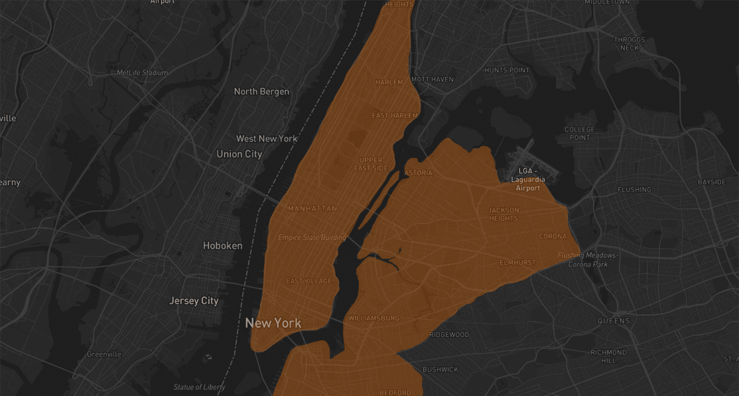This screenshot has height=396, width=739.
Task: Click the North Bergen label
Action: click(261, 92)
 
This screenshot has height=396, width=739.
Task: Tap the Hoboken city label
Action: click(222, 245)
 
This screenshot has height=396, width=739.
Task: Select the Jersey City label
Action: click(194, 300)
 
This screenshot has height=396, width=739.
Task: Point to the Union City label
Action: click(239, 154)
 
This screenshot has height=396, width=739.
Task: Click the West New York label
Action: click(267, 139)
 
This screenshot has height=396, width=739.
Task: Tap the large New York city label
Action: click(273, 324)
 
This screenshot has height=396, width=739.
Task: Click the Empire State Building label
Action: click(312, 237)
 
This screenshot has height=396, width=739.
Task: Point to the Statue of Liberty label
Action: click(199, 387)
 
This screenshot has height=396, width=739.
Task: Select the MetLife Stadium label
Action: click(142, 73)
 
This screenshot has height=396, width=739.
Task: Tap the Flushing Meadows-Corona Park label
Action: click(588, 259)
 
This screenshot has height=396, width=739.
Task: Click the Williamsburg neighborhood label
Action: click(373, 318)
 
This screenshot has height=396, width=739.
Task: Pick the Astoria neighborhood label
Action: click(418, 173)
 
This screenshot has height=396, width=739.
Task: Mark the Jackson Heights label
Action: click(504, 214)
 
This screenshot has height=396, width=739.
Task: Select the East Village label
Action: click(308, 281)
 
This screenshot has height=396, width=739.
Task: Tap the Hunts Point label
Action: click(507, 70)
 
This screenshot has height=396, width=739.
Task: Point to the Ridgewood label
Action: click(449, 335)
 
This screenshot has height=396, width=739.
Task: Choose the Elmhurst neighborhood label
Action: click(517, 263)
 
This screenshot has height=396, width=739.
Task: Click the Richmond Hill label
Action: click(608, 356)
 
